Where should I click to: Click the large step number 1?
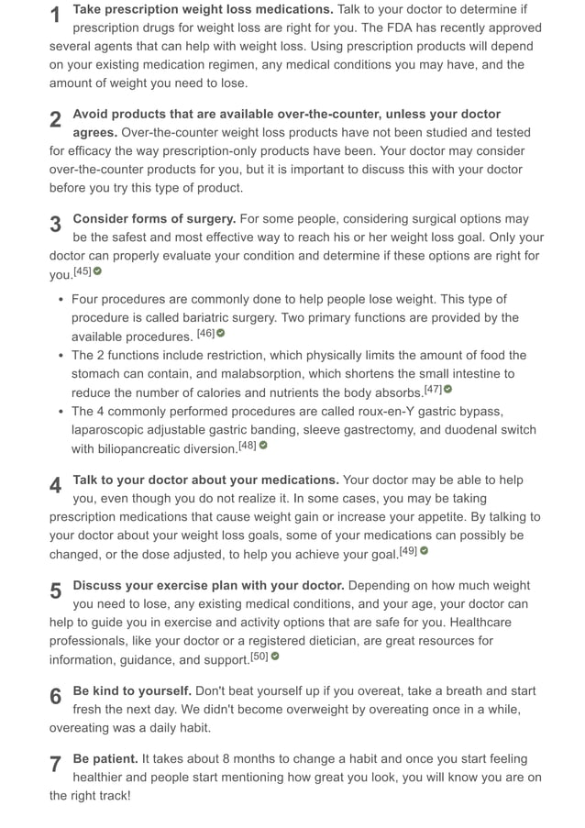click(56, 16)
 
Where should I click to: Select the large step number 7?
click(56, 765)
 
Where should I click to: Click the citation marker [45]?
click(83, 271)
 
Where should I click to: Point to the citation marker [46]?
click(205, 333)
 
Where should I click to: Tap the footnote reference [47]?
click(433, 390)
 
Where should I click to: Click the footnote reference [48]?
click(248, 446)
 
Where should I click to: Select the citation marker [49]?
click(408, 551)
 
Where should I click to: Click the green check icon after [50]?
click(275, 657)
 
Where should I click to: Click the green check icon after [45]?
click(98, 271)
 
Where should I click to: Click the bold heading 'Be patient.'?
click(105, 759)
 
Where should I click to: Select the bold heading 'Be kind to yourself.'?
click(132, 690)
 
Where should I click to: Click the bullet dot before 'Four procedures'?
click(61, 300)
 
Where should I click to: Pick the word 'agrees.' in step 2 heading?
click(95, 132)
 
